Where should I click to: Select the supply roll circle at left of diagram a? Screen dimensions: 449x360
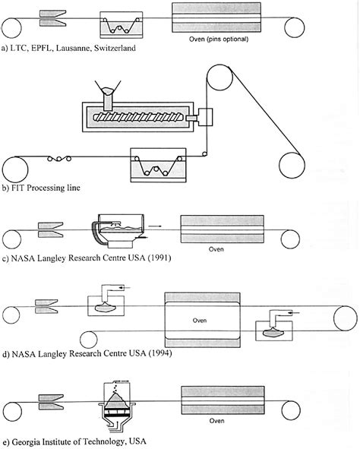pos(11,27)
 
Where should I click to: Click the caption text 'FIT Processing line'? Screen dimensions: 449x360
pos(45,187)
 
